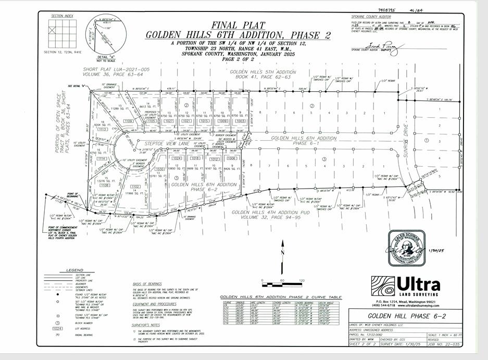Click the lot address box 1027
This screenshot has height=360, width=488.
pyautogui.click(x=168, y=121)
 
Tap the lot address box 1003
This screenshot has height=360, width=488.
pyautogui.click(x=240, y=121)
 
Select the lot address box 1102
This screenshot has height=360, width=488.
pyautogui.click(x=135, y=186)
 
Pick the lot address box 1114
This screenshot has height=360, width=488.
pyautogui.click(x=102, y=158)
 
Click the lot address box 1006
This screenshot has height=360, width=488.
pyautogui.click(x=232, y=158)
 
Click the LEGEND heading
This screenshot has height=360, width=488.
pyautogui.click(x=71, y=269)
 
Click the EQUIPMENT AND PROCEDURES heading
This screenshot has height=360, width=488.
pyautogui.click(x=156, y=304)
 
